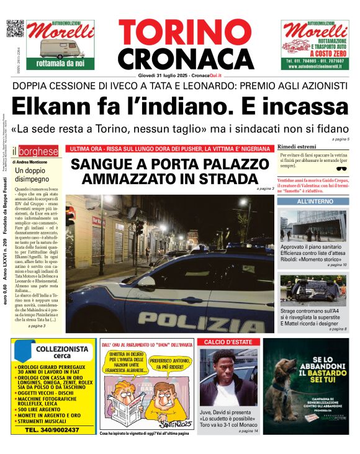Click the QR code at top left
[15, 29]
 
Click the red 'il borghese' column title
[38, 151]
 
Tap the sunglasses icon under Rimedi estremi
[341, 168]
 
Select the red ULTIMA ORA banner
[170, 149]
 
